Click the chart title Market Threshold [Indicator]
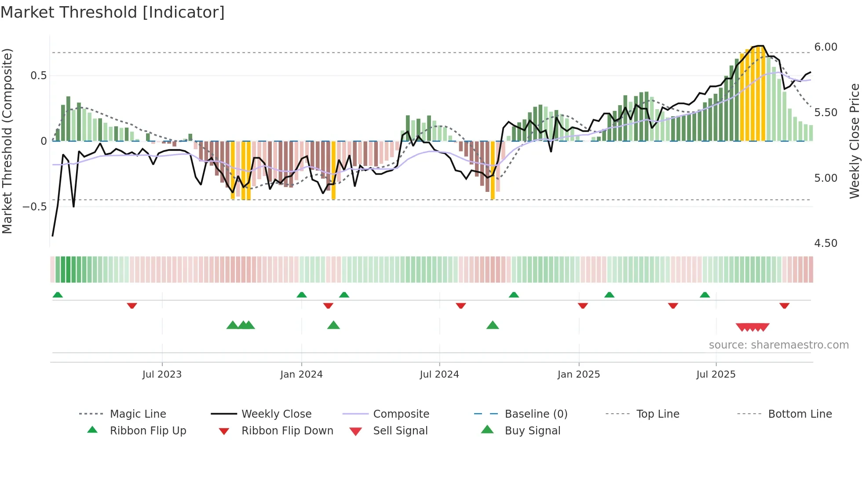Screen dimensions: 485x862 point(113,12)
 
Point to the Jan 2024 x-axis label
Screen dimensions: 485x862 point(301,375)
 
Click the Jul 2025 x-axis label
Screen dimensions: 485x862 point(716,375)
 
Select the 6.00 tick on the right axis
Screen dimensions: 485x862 point(825,47)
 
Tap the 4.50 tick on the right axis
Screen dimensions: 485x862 point(825,243)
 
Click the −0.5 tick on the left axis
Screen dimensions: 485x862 point(34,207)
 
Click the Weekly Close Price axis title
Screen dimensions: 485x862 point(854,141)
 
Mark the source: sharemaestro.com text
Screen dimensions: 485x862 point(778,345)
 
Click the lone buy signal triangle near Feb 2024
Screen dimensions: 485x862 point(333,326)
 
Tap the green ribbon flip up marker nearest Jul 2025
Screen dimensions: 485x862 point(705,295)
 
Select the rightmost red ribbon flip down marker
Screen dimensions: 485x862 point(784,305)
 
